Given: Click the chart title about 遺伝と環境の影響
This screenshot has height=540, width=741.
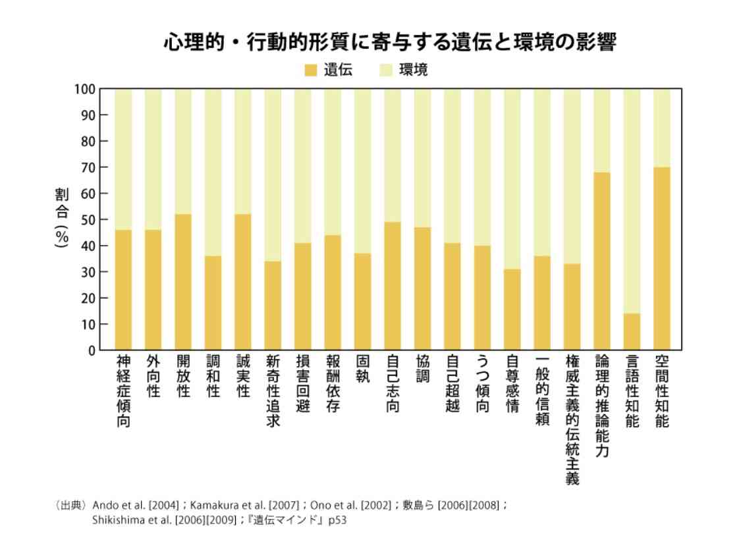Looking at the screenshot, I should [390, 43].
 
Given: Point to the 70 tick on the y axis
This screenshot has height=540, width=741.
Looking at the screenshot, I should [88, 167].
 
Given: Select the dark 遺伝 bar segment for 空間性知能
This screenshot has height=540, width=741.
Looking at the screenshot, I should [661, 258].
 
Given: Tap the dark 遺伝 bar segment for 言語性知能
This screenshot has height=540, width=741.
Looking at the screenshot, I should [632, 332].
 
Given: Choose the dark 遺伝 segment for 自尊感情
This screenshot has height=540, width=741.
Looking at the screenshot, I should [512, 310].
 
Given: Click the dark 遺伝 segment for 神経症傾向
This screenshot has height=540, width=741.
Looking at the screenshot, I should [123, 290].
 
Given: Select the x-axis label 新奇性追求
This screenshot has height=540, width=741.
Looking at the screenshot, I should [273, 391].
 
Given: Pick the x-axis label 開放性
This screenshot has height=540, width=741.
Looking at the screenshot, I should [183, 377].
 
